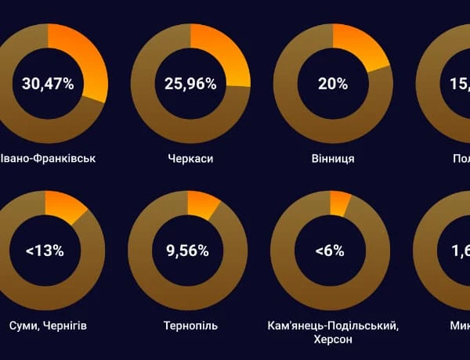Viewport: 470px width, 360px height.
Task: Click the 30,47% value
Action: click(48, 85)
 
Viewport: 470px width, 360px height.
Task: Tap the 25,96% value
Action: click(190, 85)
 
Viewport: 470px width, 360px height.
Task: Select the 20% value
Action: click(333, 85)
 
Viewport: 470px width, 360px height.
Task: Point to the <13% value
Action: click(45, 251)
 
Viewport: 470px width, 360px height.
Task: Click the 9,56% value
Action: click(187, 251)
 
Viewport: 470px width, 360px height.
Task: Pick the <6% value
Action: click(330, 251)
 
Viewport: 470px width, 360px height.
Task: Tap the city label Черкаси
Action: click(190, 159)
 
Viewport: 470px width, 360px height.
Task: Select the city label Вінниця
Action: click(333, 159)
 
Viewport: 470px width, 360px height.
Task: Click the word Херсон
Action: click(334, 340)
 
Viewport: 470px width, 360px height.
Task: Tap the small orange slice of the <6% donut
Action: click(339, 201)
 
